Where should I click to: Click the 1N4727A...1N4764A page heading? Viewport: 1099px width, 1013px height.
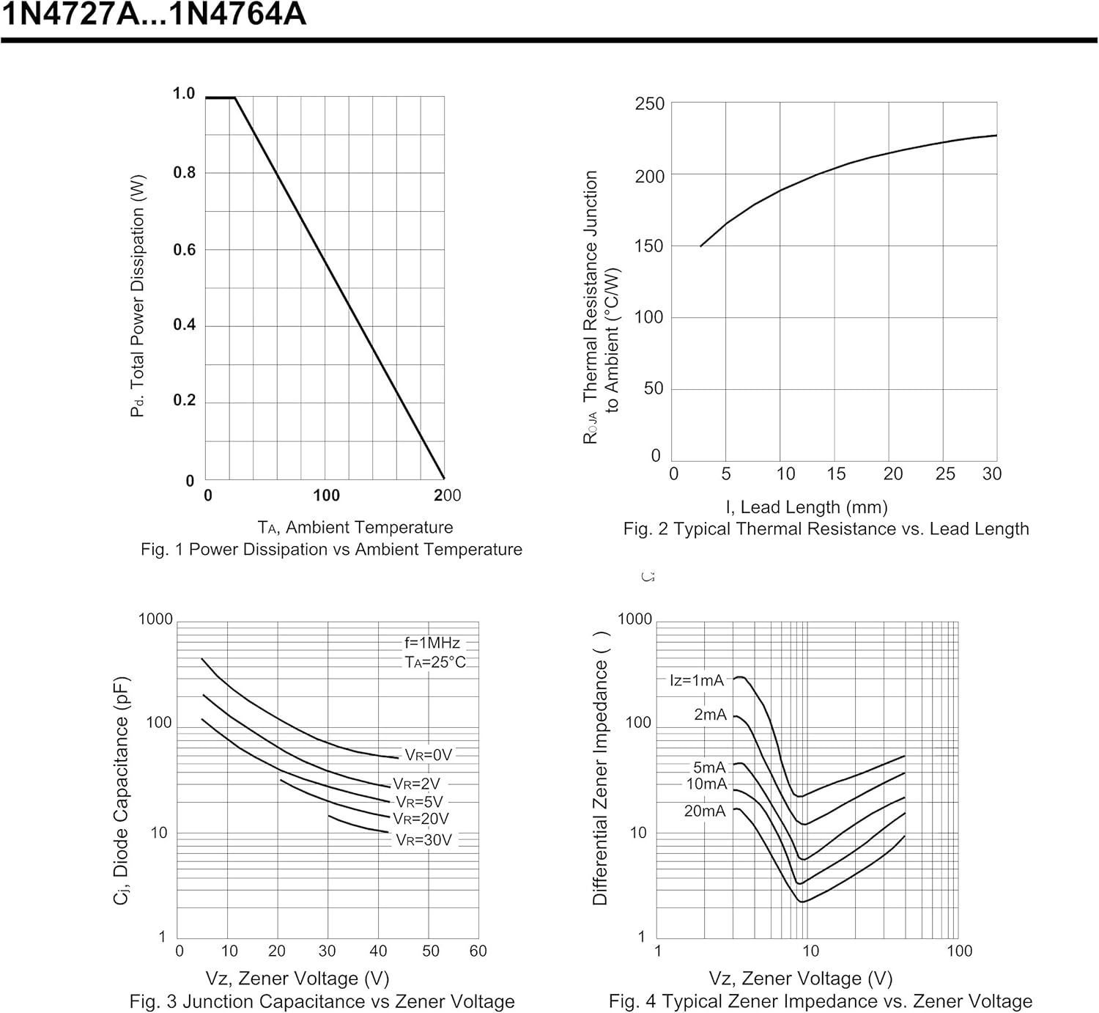(154, 15)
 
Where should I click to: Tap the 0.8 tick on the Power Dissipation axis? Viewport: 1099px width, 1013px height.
(184, 172)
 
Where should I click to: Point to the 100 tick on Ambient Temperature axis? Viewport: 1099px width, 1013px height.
(326, 496)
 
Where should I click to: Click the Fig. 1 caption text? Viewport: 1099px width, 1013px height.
(331, 549)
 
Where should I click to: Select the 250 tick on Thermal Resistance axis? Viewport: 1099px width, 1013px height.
(650, 104)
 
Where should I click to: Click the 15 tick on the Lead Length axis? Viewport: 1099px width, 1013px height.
(836, 474)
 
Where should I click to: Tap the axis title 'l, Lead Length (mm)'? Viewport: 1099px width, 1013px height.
(806, 507)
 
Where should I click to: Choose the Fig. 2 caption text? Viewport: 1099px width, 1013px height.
(826, 529)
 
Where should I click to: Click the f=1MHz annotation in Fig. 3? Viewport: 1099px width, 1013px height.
(432, 643)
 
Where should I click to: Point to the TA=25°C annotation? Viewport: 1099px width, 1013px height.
(435, 663)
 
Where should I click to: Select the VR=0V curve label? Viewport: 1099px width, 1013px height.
(429, 755)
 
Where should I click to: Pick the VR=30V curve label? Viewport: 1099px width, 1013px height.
(423, 840)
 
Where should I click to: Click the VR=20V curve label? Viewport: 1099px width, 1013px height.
(421, 819)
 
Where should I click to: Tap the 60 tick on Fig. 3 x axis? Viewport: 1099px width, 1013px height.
(478, 951)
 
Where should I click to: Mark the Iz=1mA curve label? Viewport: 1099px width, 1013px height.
(697, 680)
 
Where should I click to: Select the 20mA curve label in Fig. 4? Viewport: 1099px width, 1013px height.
(705, 811)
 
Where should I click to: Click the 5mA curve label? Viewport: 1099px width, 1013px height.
(709, 767)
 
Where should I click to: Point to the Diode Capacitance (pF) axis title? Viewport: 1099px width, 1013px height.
(122, 789)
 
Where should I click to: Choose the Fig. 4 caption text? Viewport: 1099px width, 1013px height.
(820, 1001)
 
